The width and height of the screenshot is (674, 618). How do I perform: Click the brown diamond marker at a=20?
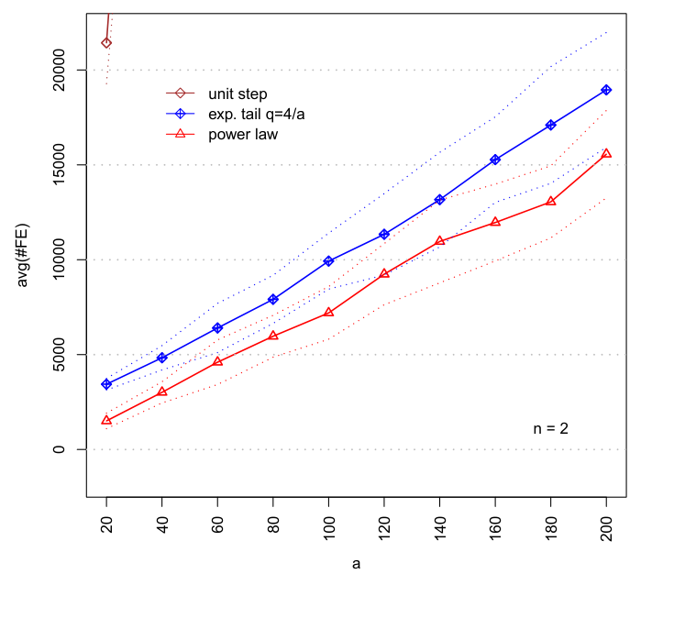click(106, 42)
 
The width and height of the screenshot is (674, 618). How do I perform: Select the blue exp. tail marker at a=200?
click(606, 90)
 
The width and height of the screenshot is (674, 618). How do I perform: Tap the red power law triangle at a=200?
click(606, 153)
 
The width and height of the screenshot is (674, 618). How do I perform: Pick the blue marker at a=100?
click(328, 261)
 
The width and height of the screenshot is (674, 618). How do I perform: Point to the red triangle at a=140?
click(440, 240)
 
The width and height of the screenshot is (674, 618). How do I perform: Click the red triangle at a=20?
click(106, 420)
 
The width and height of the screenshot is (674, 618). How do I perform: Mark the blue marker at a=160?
click(495, 160)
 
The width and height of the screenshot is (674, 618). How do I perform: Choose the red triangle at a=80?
click(273, 336)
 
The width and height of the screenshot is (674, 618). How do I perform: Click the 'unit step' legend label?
click(238, 94)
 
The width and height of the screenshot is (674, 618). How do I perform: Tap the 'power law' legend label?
click(243, 134)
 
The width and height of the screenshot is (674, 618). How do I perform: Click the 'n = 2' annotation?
click(551, 428)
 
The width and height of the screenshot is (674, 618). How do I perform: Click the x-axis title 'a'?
click(356, 564)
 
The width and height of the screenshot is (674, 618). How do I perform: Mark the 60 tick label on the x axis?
click(217, 520)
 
